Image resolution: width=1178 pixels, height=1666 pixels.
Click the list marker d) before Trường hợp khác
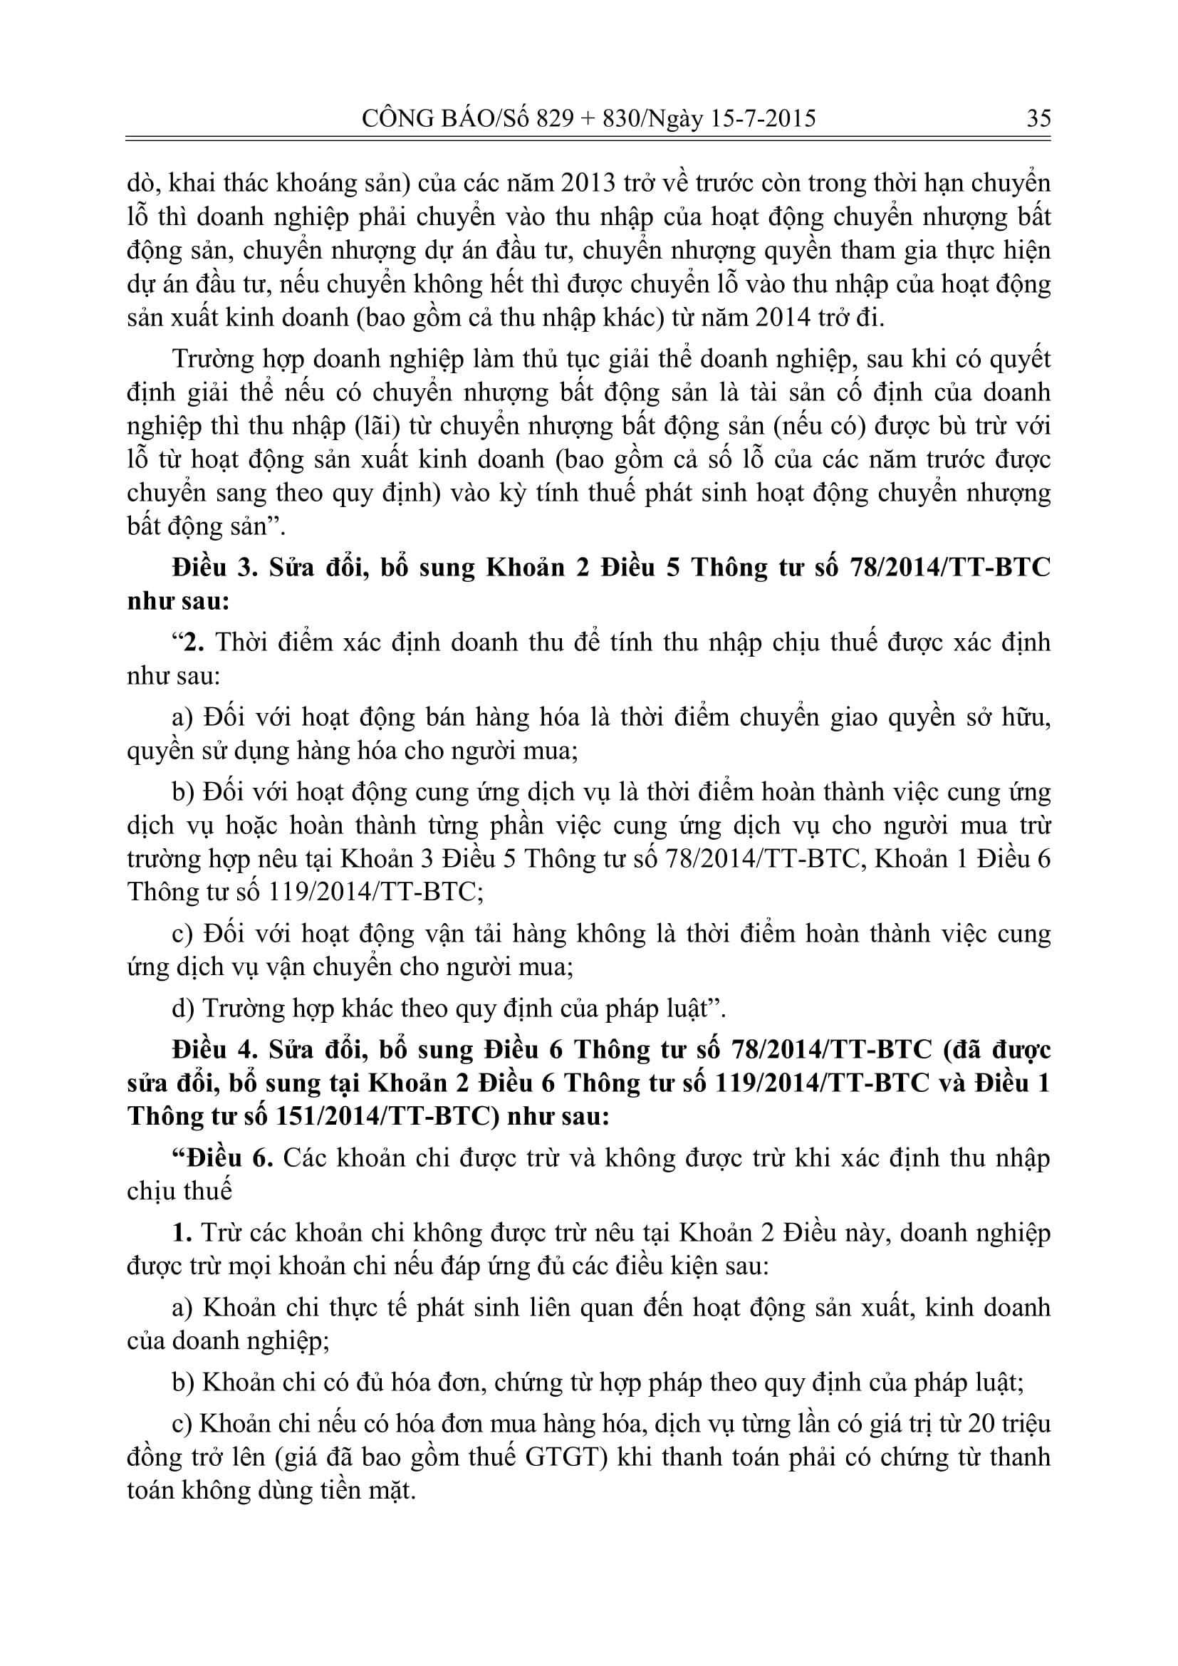pyautogui.click(x=183, y=1009)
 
